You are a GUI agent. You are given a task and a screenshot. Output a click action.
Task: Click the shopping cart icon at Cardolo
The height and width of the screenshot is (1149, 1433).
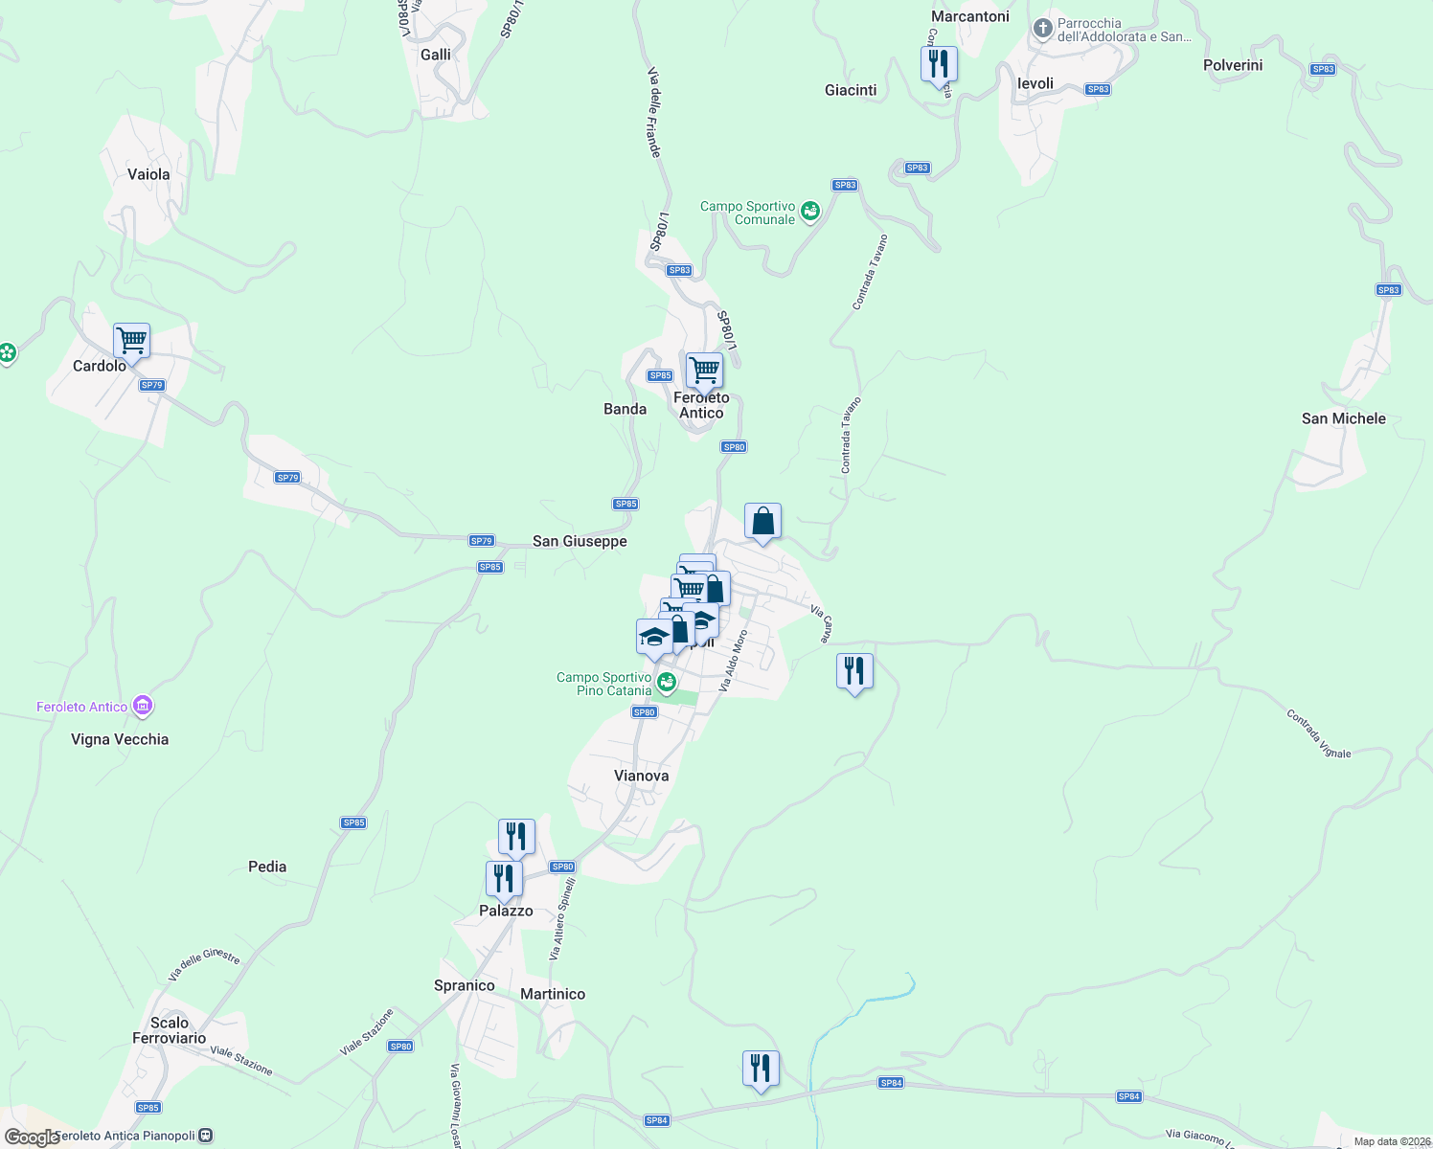point(131,341)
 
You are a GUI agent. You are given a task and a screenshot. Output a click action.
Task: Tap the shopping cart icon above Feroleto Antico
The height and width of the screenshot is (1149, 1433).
point(704,370)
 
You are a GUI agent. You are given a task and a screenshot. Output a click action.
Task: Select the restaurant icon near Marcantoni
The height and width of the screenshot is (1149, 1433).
point(939,64)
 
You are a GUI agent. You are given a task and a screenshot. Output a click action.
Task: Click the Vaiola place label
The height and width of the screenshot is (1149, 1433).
point(148,174)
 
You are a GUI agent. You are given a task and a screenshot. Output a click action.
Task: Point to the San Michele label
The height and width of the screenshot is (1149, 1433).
point(1343,418)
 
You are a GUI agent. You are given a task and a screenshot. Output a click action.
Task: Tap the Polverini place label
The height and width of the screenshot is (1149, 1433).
point(1233,65)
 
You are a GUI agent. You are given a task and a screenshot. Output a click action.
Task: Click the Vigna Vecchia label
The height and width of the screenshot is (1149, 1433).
point(120,739)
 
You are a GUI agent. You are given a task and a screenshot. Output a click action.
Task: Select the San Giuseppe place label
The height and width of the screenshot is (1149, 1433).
point(580,541)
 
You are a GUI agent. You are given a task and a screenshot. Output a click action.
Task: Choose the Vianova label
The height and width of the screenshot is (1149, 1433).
point(641,776)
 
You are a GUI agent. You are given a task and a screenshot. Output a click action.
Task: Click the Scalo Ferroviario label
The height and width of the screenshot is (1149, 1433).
point(170,1030)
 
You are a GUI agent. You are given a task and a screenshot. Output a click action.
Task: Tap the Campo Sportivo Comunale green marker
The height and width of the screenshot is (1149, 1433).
point(810,212)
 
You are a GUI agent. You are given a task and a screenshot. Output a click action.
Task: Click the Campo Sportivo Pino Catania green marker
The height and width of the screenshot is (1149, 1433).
point(667,683)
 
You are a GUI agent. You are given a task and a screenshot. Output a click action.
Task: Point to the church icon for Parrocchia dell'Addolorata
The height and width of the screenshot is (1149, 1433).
point(1043,30)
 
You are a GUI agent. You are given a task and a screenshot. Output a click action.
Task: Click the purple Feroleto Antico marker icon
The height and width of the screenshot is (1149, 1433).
point(143,707)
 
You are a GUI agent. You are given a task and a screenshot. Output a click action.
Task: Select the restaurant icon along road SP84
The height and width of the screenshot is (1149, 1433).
point(761,1069)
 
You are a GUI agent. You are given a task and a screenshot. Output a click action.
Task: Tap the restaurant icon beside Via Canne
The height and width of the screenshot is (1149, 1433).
point(854,671)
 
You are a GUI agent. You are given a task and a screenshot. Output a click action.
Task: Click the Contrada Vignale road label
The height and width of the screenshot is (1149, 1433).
point(1318,734)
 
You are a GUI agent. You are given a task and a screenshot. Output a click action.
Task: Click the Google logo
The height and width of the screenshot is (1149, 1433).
point(33,1138)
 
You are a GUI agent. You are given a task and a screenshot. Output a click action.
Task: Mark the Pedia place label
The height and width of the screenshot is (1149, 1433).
point(267,867)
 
